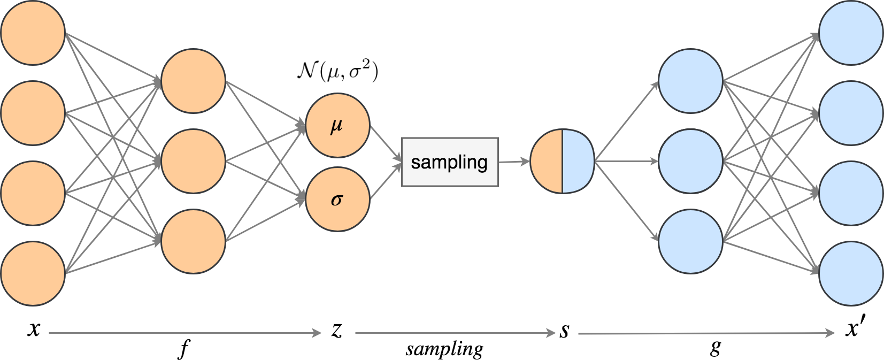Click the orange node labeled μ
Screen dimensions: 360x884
pyautogui.click(x=337, y=126)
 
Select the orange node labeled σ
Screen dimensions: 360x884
pyautogui.click(x=337, y=200)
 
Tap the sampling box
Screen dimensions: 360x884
pyautogui.click(x=450, y=162)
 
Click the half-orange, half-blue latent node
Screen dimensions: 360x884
pyautogui.click(x=562, y=161)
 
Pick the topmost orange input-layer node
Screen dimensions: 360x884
pyautogui.click(x=33, y=33)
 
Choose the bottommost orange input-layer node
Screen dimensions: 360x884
pyautogui.click(x=33, y=273)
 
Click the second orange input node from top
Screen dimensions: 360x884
pyautogui.click(x=33, y=113)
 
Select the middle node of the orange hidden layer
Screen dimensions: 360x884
pyautogui.click(x=193, y=161)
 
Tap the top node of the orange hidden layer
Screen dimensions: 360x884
pyautogui.click(x=193, y=81)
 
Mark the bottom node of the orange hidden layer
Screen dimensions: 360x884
pyautogui.click(x=193, y=241)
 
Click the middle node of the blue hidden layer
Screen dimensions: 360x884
pyautogui.click(x=690, y=161)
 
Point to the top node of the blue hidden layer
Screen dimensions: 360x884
pyautogui.click(x=690, y=81)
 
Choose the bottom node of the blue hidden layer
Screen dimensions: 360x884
pyautogui.click(x=690, y=241)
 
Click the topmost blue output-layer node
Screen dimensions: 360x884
pyautogui.click(x=851, y=33)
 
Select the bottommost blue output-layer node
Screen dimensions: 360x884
pyautogui.click(x=851, y=273)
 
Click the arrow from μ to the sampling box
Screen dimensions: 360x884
pyautogui.click(x=385, y=142)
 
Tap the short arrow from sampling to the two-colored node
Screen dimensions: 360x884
pyautogui.click(x=513, y=161)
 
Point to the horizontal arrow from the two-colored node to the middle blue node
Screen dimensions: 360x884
pyautogui.click(x=626, y=161)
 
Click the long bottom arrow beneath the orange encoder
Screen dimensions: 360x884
pyautogui.click(x=185, y=333)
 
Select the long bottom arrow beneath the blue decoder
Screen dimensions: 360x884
pyautogui.click(x=706, y=333)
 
